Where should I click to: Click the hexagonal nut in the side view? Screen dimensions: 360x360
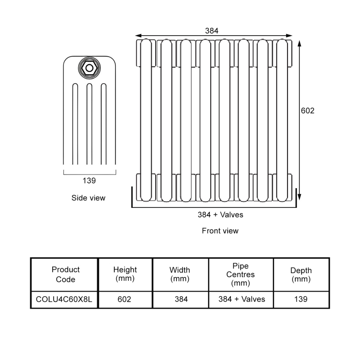click(x=89, y=68)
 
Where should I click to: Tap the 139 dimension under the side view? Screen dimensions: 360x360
click(x=89, y=181)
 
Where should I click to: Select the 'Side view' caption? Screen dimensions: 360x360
click(x=88, y=198)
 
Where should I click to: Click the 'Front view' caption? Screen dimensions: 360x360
click(x=220, y=231)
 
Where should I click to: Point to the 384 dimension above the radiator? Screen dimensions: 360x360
click(x=211, y=31)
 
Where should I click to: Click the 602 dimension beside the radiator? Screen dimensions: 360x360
click(x=308, y=111)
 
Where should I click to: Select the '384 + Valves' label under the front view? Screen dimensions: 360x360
click(x=220, y=215)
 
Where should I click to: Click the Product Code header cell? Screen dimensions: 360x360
click(x=66, y=274)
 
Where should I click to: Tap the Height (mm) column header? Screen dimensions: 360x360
click(x=125, y=274)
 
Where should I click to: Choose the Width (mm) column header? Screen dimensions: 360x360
click(x=180, y=274)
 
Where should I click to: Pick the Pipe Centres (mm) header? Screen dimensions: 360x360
click(x=241, y=274)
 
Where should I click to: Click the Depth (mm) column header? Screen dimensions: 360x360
click(x=301, y=274)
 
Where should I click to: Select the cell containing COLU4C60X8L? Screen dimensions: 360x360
click(x=64, y=299)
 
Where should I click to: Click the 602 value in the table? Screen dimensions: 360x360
click(x=124, y=299)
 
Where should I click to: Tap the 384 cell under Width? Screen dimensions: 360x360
click(x=181, y=299)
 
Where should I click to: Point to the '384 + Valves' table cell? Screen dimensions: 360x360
click(x=242, y=299)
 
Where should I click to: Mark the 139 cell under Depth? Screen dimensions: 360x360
click(x=301, y=299)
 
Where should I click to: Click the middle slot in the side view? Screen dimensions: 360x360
click(x=89, y=124)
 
